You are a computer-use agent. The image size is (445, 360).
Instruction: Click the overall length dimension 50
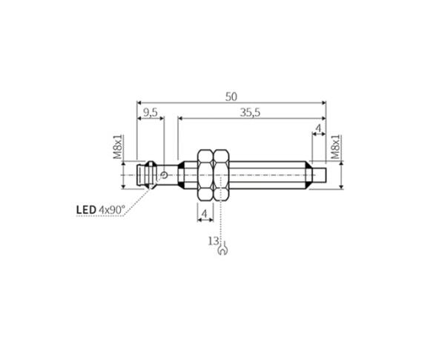(x=231, y=97)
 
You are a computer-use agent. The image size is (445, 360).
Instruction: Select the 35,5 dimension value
(x=250, y=113)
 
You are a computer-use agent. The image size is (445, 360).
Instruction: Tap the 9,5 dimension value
(x=150, y=113)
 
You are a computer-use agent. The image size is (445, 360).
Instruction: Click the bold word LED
(x=86, y=210)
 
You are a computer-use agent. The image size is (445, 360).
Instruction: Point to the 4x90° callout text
(x=111, y=210)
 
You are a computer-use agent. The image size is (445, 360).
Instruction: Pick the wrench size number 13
(x=214, y=241)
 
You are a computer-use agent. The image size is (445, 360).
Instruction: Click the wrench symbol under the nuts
(x=222, y=249)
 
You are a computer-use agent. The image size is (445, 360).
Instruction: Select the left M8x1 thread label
(x=117, y=147)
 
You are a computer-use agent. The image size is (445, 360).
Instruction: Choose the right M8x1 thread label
(x=335, y=147)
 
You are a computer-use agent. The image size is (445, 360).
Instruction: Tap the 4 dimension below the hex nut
(x=205, y=213)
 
